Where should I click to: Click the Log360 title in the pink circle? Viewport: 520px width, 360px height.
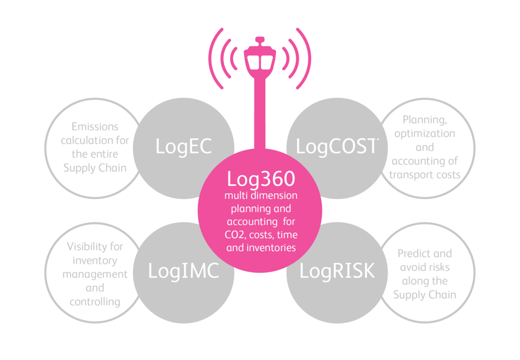pos(260,180)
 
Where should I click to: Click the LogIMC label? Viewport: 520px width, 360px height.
pos(183,271)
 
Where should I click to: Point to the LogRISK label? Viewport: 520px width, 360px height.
pos(337,271)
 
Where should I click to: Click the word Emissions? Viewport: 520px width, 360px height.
pos(95,127)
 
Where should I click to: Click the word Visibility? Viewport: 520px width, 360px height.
pos(95,246)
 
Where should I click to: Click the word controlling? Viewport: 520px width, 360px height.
pos(95,302)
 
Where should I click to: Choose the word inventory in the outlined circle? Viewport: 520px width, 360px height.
pos(95,260)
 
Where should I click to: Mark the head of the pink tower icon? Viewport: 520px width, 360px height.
pos(260,54)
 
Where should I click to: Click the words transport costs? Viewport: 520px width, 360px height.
pos(424,175)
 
